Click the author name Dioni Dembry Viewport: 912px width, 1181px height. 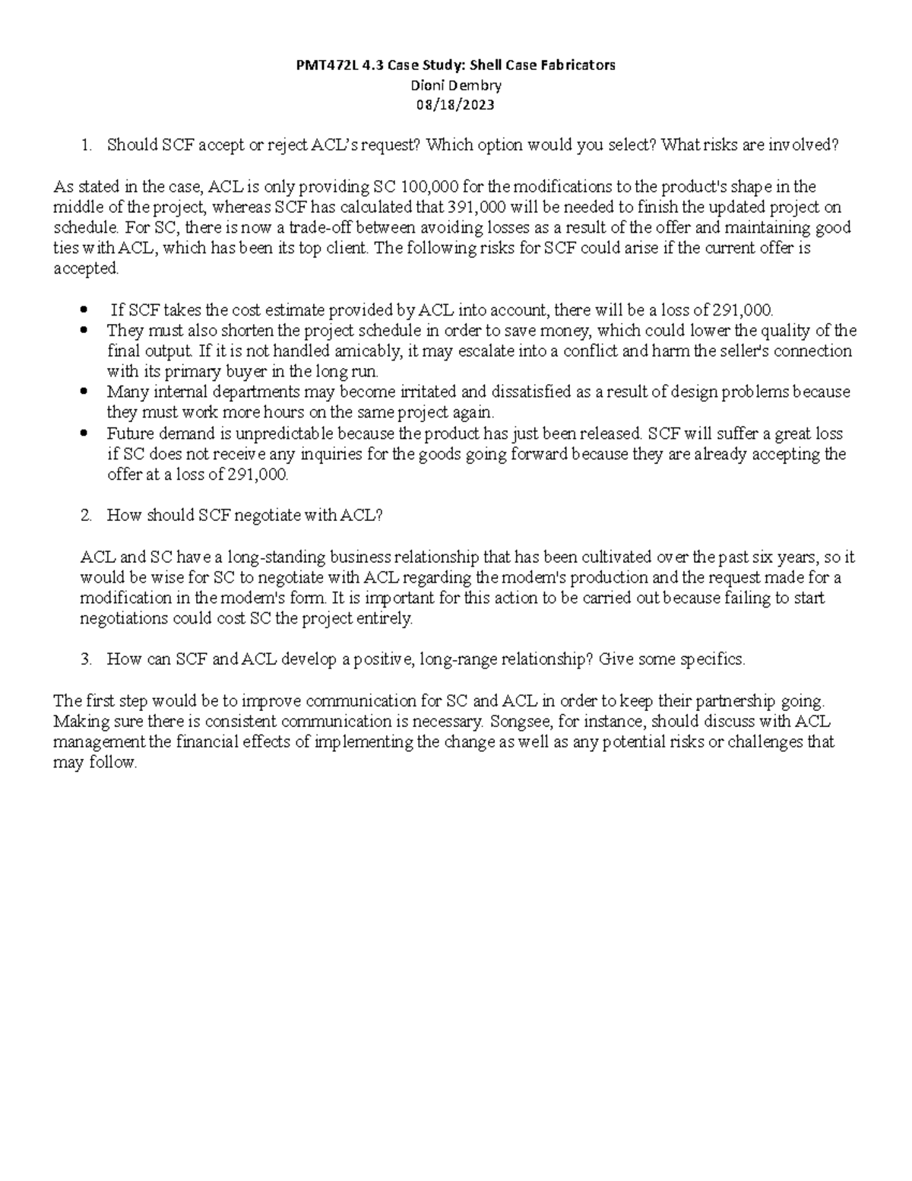tap(455, 85)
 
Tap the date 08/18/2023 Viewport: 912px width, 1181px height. tap(455, 105)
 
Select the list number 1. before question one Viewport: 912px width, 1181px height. tap(86, 145)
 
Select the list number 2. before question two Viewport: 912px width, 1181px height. tap(86, 516)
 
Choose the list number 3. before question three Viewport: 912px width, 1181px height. tap(86, 659)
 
